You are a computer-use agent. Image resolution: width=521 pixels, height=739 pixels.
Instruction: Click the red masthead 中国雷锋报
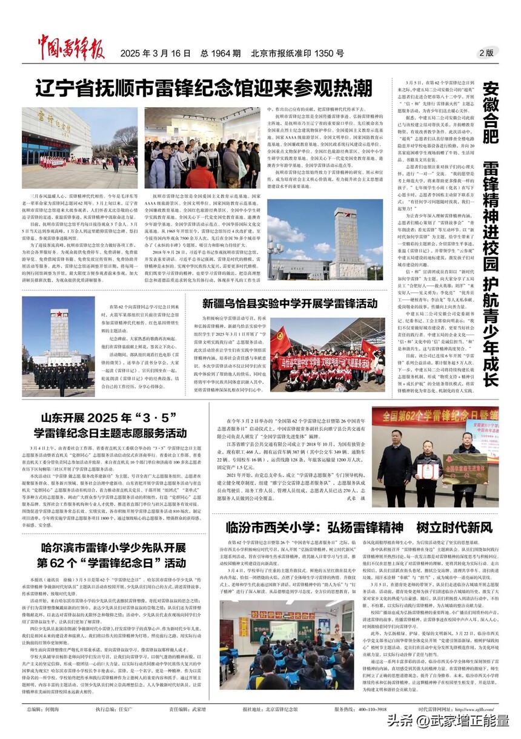[x=73, y=51]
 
